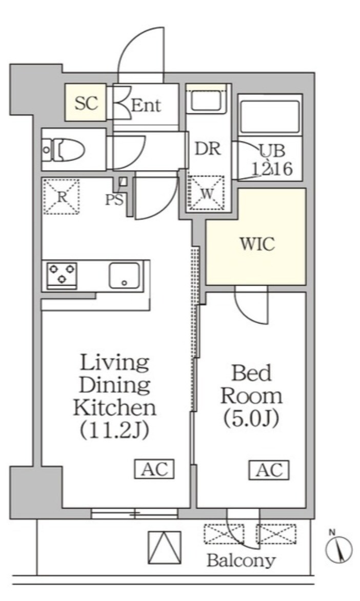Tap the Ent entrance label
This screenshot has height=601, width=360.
pyautogui.click(x=146, y=105)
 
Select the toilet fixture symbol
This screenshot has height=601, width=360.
pyautogui.click(x=64, y=149)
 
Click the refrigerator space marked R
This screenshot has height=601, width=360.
pyautogui.click(x=62, y=196)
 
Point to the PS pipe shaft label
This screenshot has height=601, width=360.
pyautogui.click(x=114, y=199)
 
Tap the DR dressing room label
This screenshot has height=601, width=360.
pyautogui.click(x=207, y=149)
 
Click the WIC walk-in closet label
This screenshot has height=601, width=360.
pyautogui.click(x=257, y=244)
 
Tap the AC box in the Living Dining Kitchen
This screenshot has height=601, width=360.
pyautogui.click(x=154, y=468)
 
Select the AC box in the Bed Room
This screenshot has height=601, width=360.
pyautogui.click(x=269, y=470)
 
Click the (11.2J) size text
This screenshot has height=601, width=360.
pyautogui.click(x=114, y=432)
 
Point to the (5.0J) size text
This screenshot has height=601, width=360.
pyautogui.click(x=251, y=419)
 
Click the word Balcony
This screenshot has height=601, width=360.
pyautogui.click(x=241, y=561)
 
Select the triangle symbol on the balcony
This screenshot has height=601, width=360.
pyautogui.click(x=165, y=547)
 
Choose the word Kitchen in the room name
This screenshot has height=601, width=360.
pyautogui.click(x=115, y=408)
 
